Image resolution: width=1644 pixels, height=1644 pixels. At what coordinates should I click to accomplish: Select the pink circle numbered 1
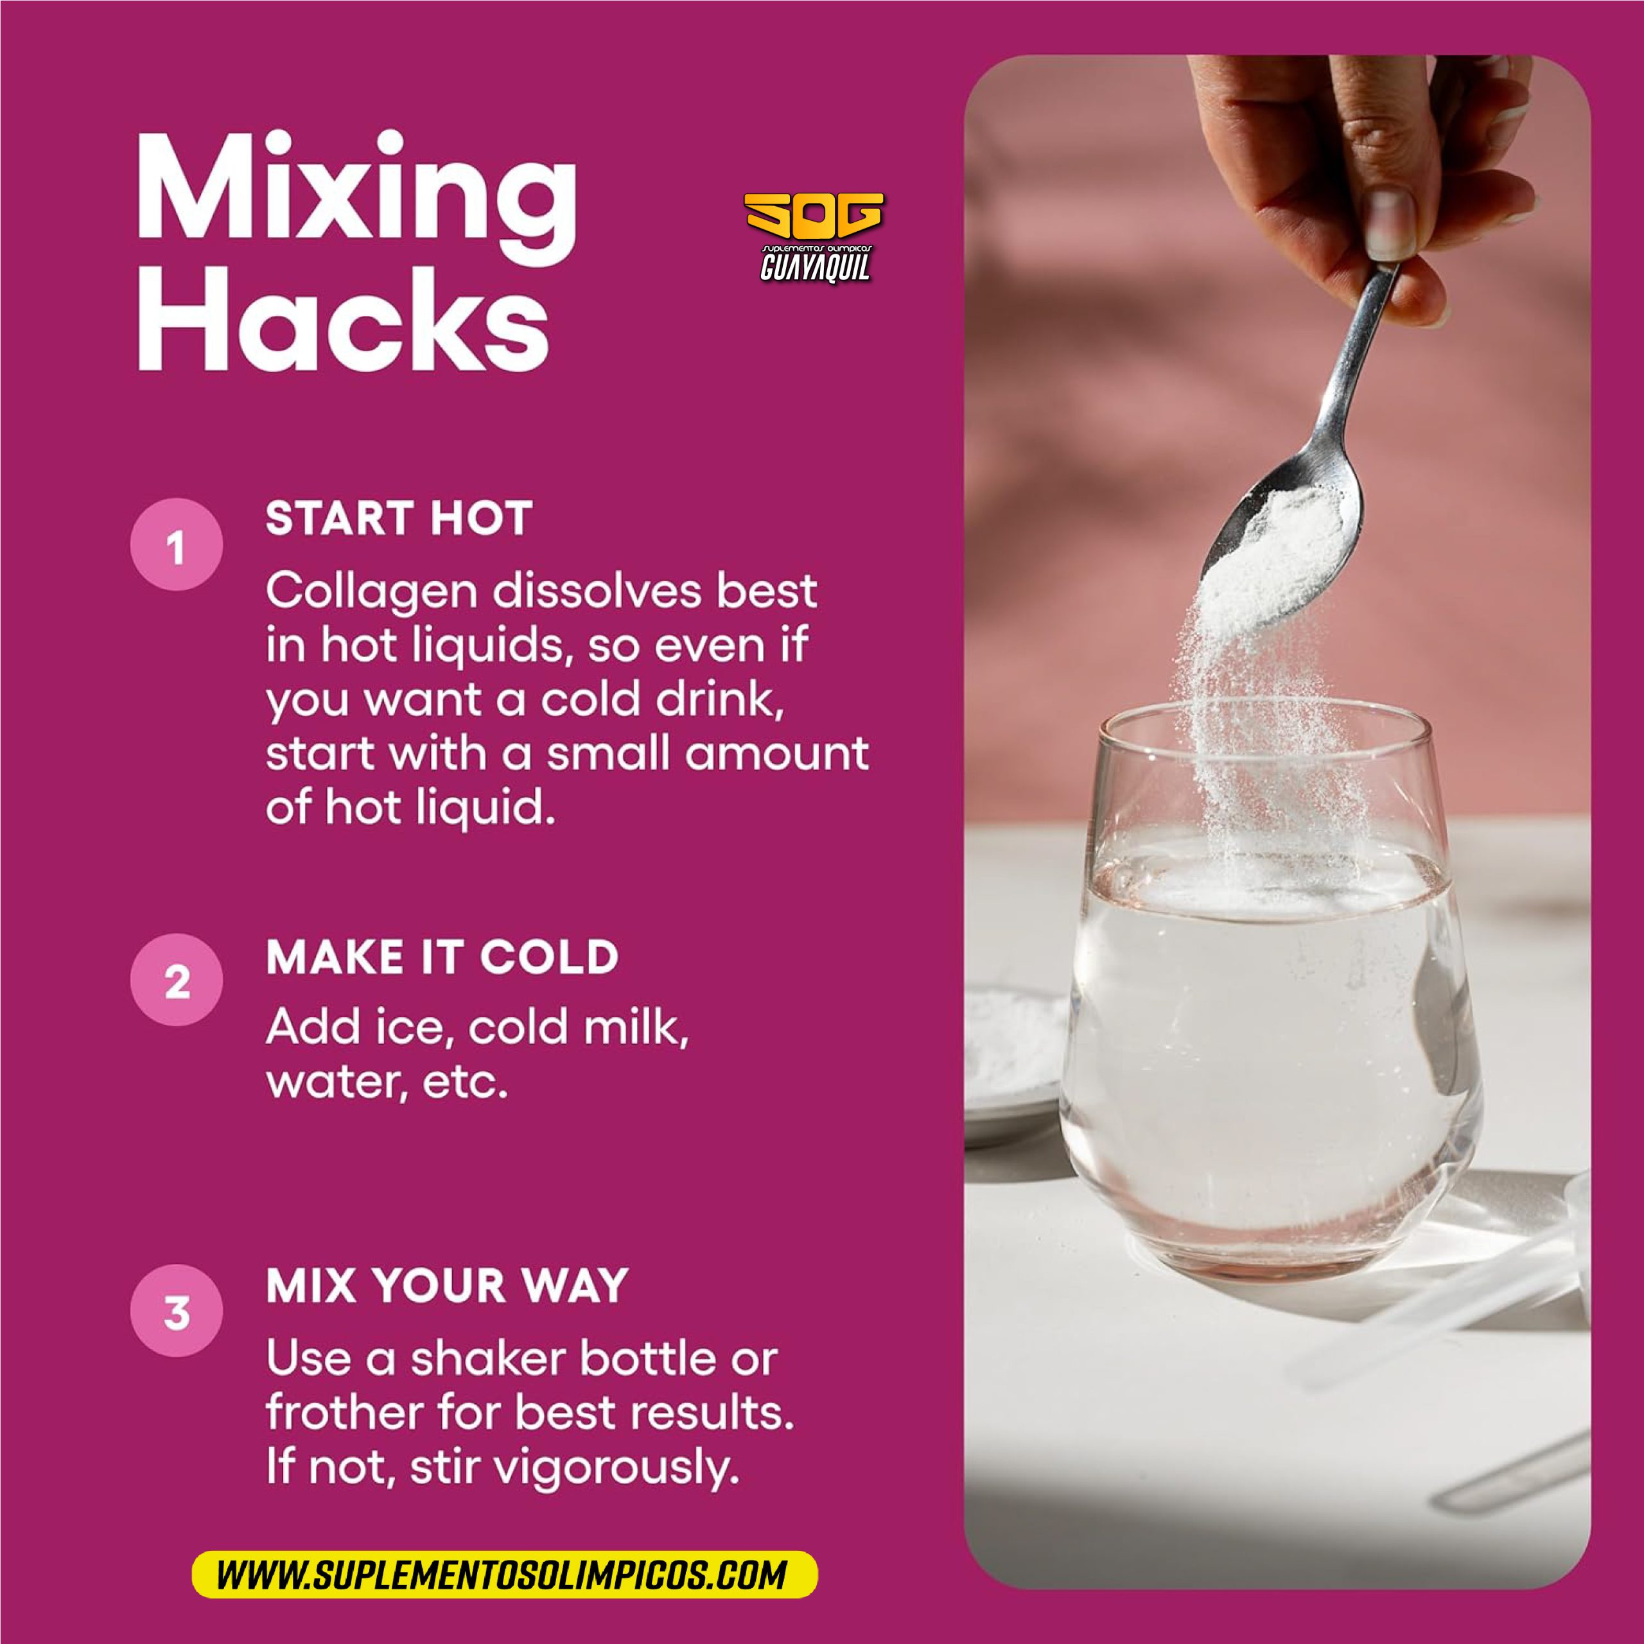176,545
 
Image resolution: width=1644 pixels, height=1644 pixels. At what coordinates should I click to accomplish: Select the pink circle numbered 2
176,980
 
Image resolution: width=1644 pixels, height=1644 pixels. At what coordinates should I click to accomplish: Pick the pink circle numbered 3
176,1311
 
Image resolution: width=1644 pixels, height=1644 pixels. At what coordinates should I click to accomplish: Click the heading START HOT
399,518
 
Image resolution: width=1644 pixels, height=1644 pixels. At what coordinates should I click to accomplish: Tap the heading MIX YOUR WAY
447,1285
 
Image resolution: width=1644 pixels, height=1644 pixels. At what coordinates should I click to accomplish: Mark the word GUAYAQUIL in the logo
814,268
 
